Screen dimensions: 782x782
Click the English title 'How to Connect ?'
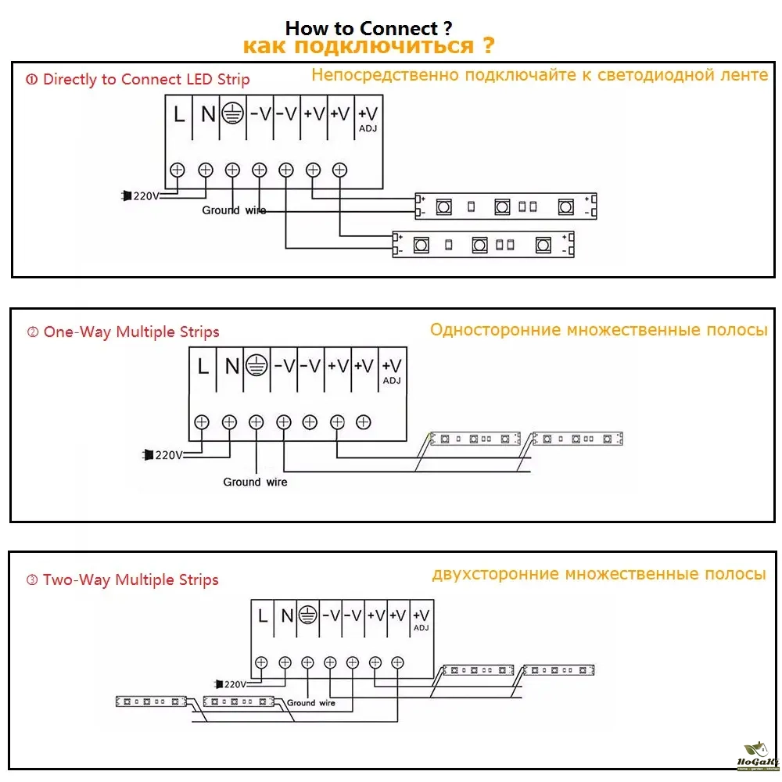pos(368,29)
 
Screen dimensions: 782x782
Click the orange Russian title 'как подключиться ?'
pos(368,46)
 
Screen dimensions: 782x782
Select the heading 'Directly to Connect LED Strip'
pos(145,79)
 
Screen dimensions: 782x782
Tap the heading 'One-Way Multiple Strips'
pos(131,332)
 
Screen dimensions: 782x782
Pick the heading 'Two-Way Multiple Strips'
pos(130,579)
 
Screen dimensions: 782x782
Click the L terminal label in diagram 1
pos(179,114)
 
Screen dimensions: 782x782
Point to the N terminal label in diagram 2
pos(231,365)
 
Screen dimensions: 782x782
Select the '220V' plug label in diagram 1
pos(145,195)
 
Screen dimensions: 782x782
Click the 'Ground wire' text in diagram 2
pos(255,482)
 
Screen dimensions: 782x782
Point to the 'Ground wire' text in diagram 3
pos(310,703)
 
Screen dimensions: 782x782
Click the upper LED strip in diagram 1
pos(505,206)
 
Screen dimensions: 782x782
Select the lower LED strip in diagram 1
pos(483,245)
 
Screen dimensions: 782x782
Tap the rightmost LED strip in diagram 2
pos(577,439)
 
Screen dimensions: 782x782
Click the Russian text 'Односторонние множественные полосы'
pos(598,330)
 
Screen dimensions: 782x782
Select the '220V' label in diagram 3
pos(233,683)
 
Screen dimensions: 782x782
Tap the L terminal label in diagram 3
pos(263,615)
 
